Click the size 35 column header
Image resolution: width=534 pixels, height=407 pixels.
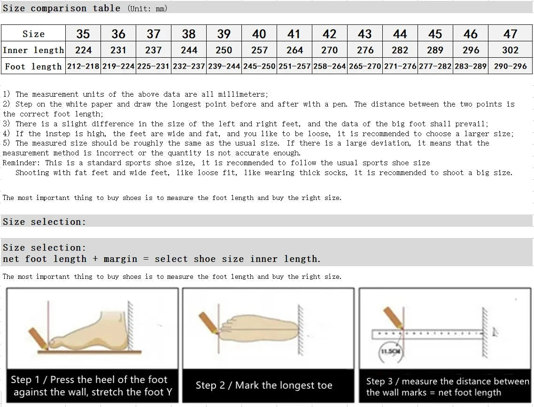[83, 34]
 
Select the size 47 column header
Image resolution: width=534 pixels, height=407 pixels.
[510, 34]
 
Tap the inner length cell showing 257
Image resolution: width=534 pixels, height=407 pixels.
[259, 50]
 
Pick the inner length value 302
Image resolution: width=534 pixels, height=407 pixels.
[510, 50]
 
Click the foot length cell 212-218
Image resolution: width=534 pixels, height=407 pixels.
[83, 66]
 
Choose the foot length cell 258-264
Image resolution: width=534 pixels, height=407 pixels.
[329, 66]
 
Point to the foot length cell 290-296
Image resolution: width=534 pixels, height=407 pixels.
[510, 66]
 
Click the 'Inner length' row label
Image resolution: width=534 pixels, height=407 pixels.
[33, 50]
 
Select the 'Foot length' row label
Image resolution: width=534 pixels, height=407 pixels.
[33, 67]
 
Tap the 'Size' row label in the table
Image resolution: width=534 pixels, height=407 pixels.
[33, 34]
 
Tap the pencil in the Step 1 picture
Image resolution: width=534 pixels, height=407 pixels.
[38, 338]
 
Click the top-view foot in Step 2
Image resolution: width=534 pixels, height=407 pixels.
[258, 331]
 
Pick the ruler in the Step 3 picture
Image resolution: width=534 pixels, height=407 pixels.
[427, 334]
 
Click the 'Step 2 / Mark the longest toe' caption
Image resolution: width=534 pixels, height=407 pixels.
[264, 385]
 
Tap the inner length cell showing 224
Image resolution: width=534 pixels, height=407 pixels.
[83, 50]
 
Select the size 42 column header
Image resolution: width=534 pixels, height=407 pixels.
[329, 34]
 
